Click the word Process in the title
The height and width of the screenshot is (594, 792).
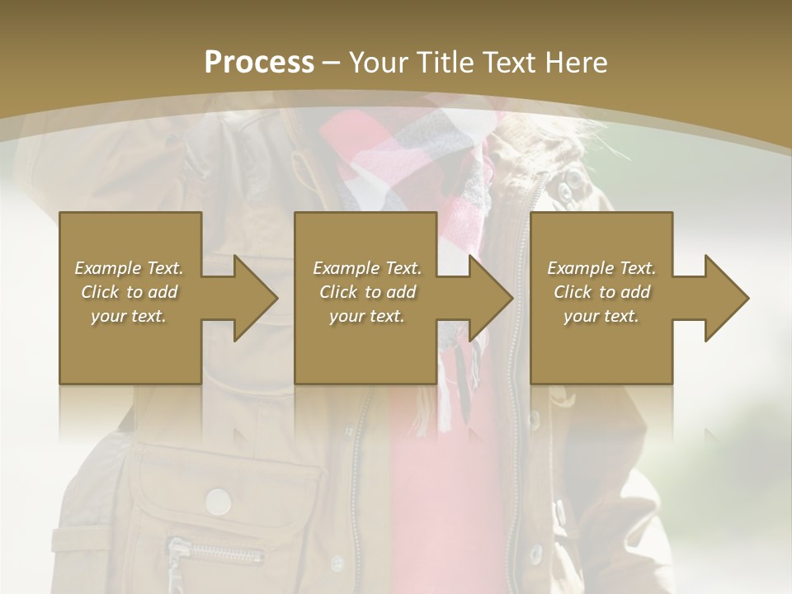click(259, 62)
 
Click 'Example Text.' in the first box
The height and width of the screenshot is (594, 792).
click(129, 268)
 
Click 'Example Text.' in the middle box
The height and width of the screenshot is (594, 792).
click(367, 268)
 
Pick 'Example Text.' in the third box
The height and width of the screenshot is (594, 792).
click(601, 268)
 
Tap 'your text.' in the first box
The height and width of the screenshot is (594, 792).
click(129, 316)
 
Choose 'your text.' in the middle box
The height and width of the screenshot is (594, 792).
click(367, 316)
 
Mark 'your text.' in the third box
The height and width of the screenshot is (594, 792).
click(601, 316)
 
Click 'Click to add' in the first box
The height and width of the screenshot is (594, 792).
click(129, 292)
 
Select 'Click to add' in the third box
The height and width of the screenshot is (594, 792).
click(601, 292)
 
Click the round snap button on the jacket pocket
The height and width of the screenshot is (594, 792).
click(218, 501)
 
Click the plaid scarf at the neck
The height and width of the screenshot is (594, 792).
click(396, 157)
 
